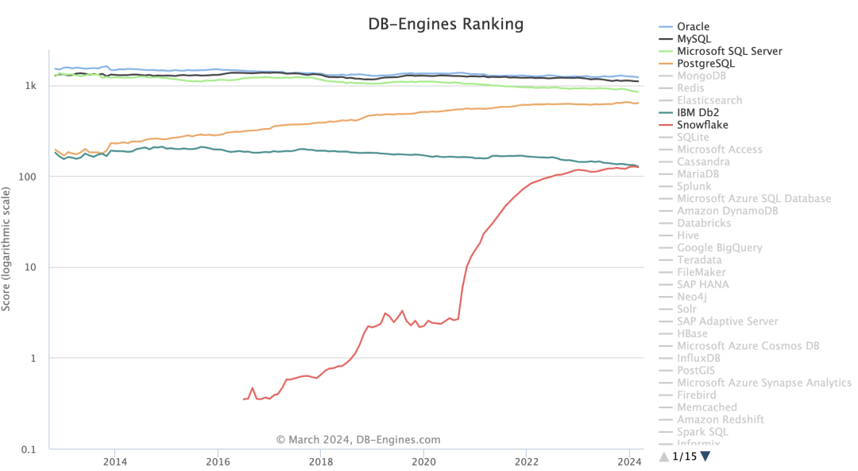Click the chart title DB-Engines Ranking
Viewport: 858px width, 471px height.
click(446, 24)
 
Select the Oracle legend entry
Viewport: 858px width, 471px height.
click(693, 26)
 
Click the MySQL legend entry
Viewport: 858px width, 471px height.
click(694, 38)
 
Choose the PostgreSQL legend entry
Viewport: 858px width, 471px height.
click(705, 63)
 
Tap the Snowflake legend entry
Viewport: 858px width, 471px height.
click(702, 125)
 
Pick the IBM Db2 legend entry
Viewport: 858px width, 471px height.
click(699, 112)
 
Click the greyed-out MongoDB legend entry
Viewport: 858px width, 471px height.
click(701, 76)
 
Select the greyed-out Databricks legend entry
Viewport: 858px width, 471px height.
click(704, 223)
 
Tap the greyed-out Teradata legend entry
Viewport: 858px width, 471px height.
click(699, 259)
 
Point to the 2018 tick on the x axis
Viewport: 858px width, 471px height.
click(321, 461)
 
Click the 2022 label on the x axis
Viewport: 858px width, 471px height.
click(526, 461)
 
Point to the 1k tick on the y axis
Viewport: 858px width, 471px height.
click(30, 85)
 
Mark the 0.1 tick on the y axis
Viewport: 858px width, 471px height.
click(29, 450)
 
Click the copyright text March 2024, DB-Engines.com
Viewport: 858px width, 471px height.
click(357, 440)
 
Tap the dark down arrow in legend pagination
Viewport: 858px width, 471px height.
click(705, 456)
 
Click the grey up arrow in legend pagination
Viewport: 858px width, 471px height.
click(664, 456)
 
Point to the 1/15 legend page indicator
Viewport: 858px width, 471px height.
click(684, 456)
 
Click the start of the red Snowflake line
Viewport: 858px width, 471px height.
click(244, 399)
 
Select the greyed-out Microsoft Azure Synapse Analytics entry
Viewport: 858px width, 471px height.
click(763, 383)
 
